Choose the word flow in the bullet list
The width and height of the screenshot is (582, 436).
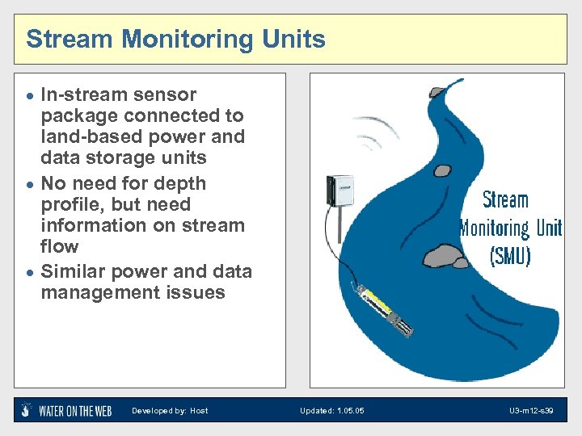point(60,246)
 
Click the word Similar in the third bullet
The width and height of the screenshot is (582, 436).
point(74,271)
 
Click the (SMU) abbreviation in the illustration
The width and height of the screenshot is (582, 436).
point(510,255)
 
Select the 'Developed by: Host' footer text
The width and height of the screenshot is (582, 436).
point(170,411)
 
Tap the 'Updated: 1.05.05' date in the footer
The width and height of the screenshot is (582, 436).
point(331,411)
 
